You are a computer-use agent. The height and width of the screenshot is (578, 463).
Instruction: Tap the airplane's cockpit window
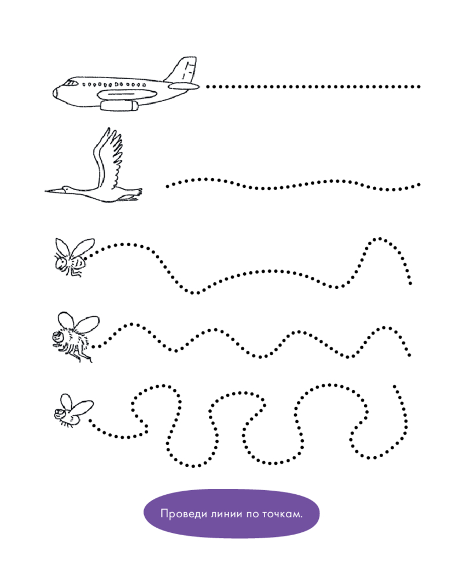tap(70, 83)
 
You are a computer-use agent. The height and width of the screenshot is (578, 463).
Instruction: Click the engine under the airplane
tap(119, 106)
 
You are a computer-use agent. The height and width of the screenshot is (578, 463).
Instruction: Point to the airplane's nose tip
tap(54, 92)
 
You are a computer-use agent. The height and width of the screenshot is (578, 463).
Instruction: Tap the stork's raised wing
tap(108, 158)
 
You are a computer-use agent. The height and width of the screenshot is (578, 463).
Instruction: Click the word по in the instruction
tap(252, 514)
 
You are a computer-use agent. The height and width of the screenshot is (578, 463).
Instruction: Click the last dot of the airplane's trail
tap(418, 87)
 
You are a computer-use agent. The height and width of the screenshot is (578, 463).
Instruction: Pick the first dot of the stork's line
tap(167, 187)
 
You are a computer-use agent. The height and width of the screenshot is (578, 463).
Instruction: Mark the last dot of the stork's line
tap(418, 184)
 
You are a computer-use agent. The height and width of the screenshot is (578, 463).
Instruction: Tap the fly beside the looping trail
tap(72, 411)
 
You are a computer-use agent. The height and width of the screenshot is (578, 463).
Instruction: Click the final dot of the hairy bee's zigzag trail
tap(409, 355)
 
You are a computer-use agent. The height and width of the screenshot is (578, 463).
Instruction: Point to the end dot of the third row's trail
tap(410, 283)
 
